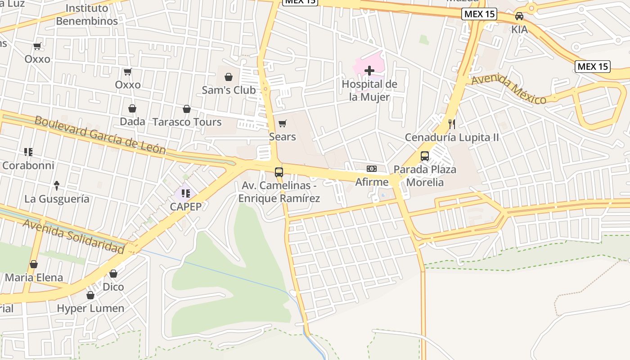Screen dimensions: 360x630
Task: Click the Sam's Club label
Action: click(229, 90)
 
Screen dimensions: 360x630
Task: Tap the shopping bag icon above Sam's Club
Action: click(229, 77)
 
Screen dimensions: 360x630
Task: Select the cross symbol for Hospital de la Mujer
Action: click(369, 71)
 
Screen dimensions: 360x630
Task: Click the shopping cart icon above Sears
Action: click(283, 123)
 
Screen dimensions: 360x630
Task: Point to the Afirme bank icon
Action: click(372, 169)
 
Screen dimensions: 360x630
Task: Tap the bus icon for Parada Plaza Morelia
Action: click(425, 156)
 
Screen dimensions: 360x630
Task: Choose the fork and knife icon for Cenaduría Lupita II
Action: click(452, 124)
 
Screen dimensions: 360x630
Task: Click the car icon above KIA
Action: click(519, 16)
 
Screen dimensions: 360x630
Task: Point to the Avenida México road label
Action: click(508, 90)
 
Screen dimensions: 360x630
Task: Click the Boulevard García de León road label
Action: click(100, 135)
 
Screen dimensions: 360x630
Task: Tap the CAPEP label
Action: click(185, 207)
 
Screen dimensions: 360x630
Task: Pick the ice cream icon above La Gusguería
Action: click(57, 185)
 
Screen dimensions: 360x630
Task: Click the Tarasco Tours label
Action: click(187, 122)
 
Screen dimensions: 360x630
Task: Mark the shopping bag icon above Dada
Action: click(132, 108)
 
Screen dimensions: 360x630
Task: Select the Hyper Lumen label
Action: click(90, 309)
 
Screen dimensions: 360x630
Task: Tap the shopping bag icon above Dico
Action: click(113, 274)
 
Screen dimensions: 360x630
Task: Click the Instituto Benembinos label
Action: click(87, 14)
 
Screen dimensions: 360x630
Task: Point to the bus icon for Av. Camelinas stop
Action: click(279, 172)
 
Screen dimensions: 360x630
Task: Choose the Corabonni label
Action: click(28, 165)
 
